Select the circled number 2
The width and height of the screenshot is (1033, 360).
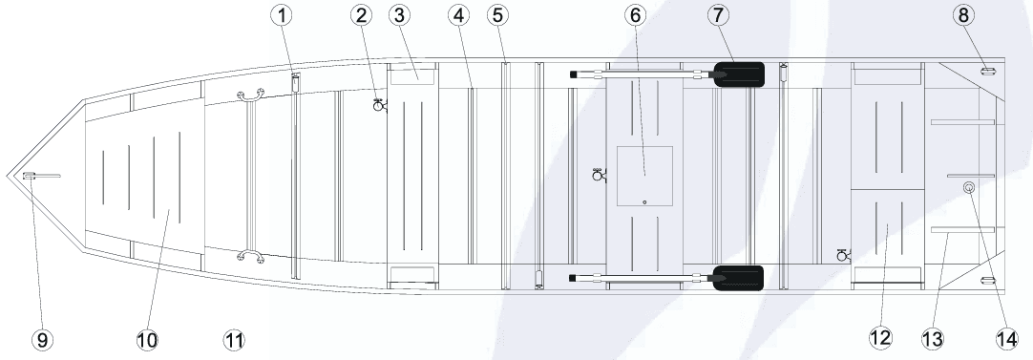coord(362,14)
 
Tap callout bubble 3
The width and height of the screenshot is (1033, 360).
coord(398,14)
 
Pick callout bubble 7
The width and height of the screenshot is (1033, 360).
coord(719,14)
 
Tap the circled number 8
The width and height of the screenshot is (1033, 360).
coord(964,14)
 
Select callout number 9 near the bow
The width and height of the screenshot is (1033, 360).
coord(40,339)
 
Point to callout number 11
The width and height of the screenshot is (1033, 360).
coord(234,339)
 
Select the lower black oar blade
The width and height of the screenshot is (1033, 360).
coord(740,277)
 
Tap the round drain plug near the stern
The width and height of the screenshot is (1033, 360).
coord(970,188)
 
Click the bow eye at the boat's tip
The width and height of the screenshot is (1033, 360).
coord(29,175)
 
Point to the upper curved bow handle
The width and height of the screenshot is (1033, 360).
coord(250,95)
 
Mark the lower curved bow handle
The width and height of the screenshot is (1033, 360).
coord(250,255)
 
